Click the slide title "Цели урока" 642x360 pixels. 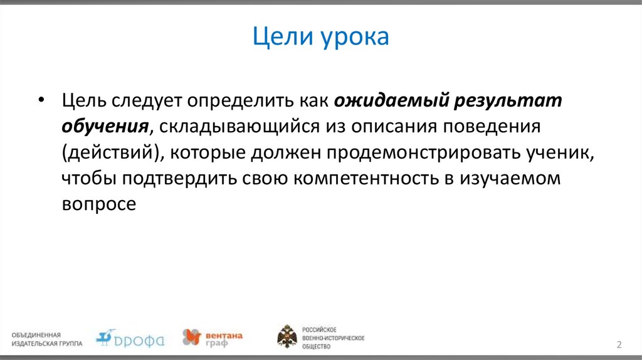[321, 38]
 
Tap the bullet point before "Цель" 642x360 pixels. [41, 101]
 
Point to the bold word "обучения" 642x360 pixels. [104, 126]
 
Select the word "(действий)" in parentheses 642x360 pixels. [109, 152]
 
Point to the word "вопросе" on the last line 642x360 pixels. [98, 204]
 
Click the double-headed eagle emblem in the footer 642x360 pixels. [287, 337]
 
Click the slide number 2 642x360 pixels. [619, 344]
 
